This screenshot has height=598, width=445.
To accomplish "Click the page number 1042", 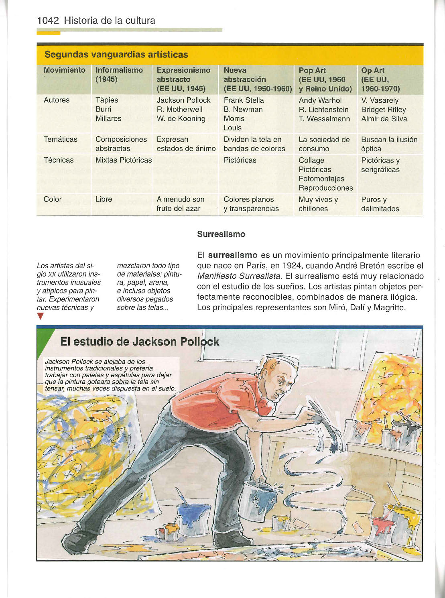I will tap(48, 20).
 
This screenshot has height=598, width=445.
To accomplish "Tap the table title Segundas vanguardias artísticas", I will tap(116, 55).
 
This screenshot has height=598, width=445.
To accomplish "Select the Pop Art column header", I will tap(325, 79).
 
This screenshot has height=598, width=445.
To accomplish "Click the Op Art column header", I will tap(380, 79).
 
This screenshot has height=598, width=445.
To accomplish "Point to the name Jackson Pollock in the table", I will tap(183, 100).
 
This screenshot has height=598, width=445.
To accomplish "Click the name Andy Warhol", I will tap(320, 100).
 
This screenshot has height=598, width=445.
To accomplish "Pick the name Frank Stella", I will tap(244, 100).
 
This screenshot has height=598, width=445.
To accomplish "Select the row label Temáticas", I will tap(61, 139).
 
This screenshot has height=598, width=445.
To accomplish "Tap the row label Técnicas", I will tap(59, 160).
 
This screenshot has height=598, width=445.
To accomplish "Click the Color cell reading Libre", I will tap(104, 199).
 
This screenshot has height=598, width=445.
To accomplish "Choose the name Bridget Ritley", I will tap(383, 110).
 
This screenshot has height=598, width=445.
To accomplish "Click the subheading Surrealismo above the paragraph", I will tap(221, 234).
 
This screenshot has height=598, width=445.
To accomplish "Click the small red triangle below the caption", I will tap(40, 317).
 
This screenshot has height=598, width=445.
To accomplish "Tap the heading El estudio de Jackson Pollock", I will tap(139, 342).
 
